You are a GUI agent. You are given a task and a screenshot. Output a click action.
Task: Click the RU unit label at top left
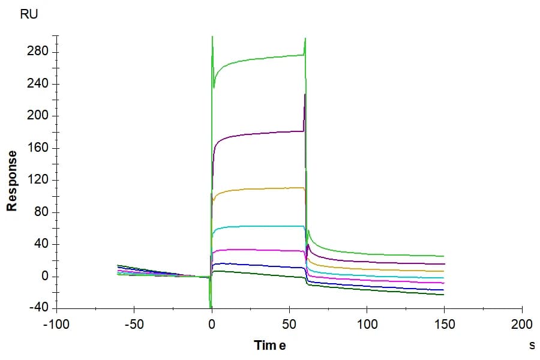(29, 14)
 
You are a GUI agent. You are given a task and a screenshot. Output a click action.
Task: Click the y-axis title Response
(12, 181)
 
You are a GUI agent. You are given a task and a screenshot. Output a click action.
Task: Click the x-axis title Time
(270, 345)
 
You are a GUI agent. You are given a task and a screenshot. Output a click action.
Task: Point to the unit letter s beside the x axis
(532, 345)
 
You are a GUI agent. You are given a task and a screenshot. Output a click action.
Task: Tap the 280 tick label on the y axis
(38, 52)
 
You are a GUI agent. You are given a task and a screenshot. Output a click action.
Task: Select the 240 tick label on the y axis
(38, 83)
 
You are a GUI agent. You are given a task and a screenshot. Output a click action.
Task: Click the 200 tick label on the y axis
(38, 115)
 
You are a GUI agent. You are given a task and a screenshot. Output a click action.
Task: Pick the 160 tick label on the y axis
(38, 148)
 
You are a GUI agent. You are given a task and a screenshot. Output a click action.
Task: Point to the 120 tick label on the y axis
(38, 179)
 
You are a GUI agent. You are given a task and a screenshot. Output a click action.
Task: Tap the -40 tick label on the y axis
(39, 308)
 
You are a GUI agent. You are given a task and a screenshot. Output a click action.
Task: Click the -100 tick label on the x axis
(56, 325)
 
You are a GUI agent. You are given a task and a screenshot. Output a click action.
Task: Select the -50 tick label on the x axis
(134, 325)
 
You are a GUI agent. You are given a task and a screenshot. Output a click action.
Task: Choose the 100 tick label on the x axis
(367, 325)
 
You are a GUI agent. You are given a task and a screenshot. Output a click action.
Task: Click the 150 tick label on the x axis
(445, 325)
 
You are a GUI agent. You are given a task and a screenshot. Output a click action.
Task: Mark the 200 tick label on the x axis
(522, 325)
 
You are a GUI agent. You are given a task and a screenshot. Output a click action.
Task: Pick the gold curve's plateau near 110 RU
(258, 189)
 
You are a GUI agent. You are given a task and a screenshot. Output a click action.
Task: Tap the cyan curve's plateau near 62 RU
(258, 226)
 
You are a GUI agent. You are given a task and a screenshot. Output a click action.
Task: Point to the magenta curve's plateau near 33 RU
(258, 250)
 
